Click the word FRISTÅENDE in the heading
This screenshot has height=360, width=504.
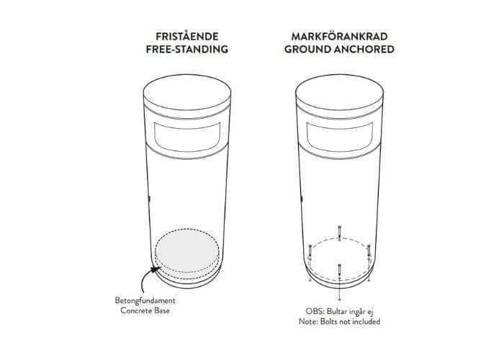coord(186,36)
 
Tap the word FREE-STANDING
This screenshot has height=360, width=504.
coord(186,49)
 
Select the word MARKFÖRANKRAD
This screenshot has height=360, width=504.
coord(339,36)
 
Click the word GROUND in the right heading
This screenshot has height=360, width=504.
coord(307,49)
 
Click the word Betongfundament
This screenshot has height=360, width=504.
coord(145,300)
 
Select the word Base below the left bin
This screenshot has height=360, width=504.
coord(161,310)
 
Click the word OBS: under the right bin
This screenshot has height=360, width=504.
coord(315,311)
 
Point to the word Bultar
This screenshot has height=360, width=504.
coord(337,311)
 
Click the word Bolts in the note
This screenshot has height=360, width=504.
coord(328,321)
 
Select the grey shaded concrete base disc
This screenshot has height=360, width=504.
coord(187,251)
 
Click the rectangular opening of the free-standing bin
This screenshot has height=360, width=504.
coord(187,137)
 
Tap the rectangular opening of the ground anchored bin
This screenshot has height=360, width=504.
coord(339,137)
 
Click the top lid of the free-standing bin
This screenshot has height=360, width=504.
coord(187,93)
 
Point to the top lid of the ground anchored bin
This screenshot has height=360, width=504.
coord(339,93)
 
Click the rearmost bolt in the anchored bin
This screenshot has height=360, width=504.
coord(339,232)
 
